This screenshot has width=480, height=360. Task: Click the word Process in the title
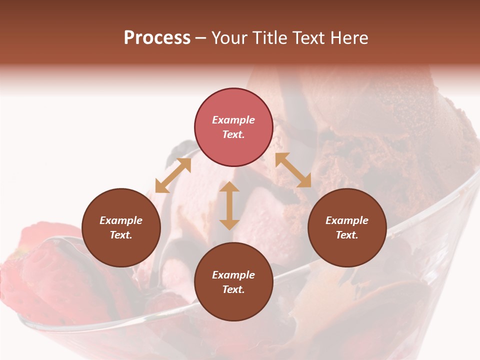[x=157, y=38]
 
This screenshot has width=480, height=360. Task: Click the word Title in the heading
[x=270, y=38]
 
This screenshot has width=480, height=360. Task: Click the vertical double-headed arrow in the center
[x=229, y=205]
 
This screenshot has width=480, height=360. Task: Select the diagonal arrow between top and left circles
[x=173, y=175]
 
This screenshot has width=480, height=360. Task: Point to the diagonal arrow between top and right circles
[x=293, y=170]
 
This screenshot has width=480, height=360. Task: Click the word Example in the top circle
[x=233, y=120]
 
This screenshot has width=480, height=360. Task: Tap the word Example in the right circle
[x=347, y=220]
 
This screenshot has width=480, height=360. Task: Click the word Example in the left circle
[x=121, y=220]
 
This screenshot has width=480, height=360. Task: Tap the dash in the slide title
[x=200, y=38]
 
